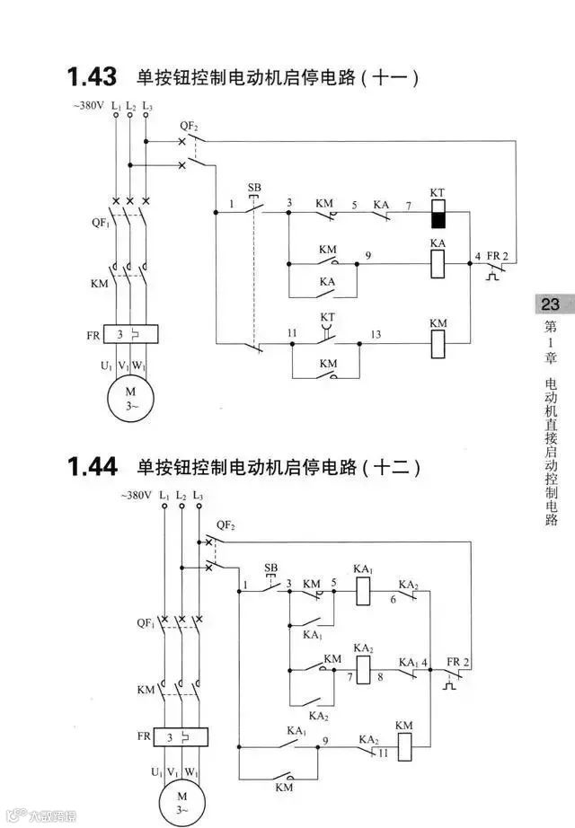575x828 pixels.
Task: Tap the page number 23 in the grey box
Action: pyautogui.click(x=551, y=304)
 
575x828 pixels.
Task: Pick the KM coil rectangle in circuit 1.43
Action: pyautogui.click(x=438, y=343)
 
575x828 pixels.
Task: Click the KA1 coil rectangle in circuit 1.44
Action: pyautogui.click(x=364, y=590)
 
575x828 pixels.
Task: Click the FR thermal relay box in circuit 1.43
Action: pyautogui.click(x=130, y=336)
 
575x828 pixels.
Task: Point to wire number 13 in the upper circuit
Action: pyautogui.click(x=375, y=334)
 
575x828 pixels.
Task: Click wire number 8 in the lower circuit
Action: pyautogui.click(x=380, y=678)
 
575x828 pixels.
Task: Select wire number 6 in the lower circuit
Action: pyautogui.click(x=393, y=600)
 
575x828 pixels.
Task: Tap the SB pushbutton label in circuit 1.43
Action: pyautogui.click(x=254, y=188)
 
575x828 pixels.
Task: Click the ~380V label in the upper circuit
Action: pyautogui.click(x=88, y=107)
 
